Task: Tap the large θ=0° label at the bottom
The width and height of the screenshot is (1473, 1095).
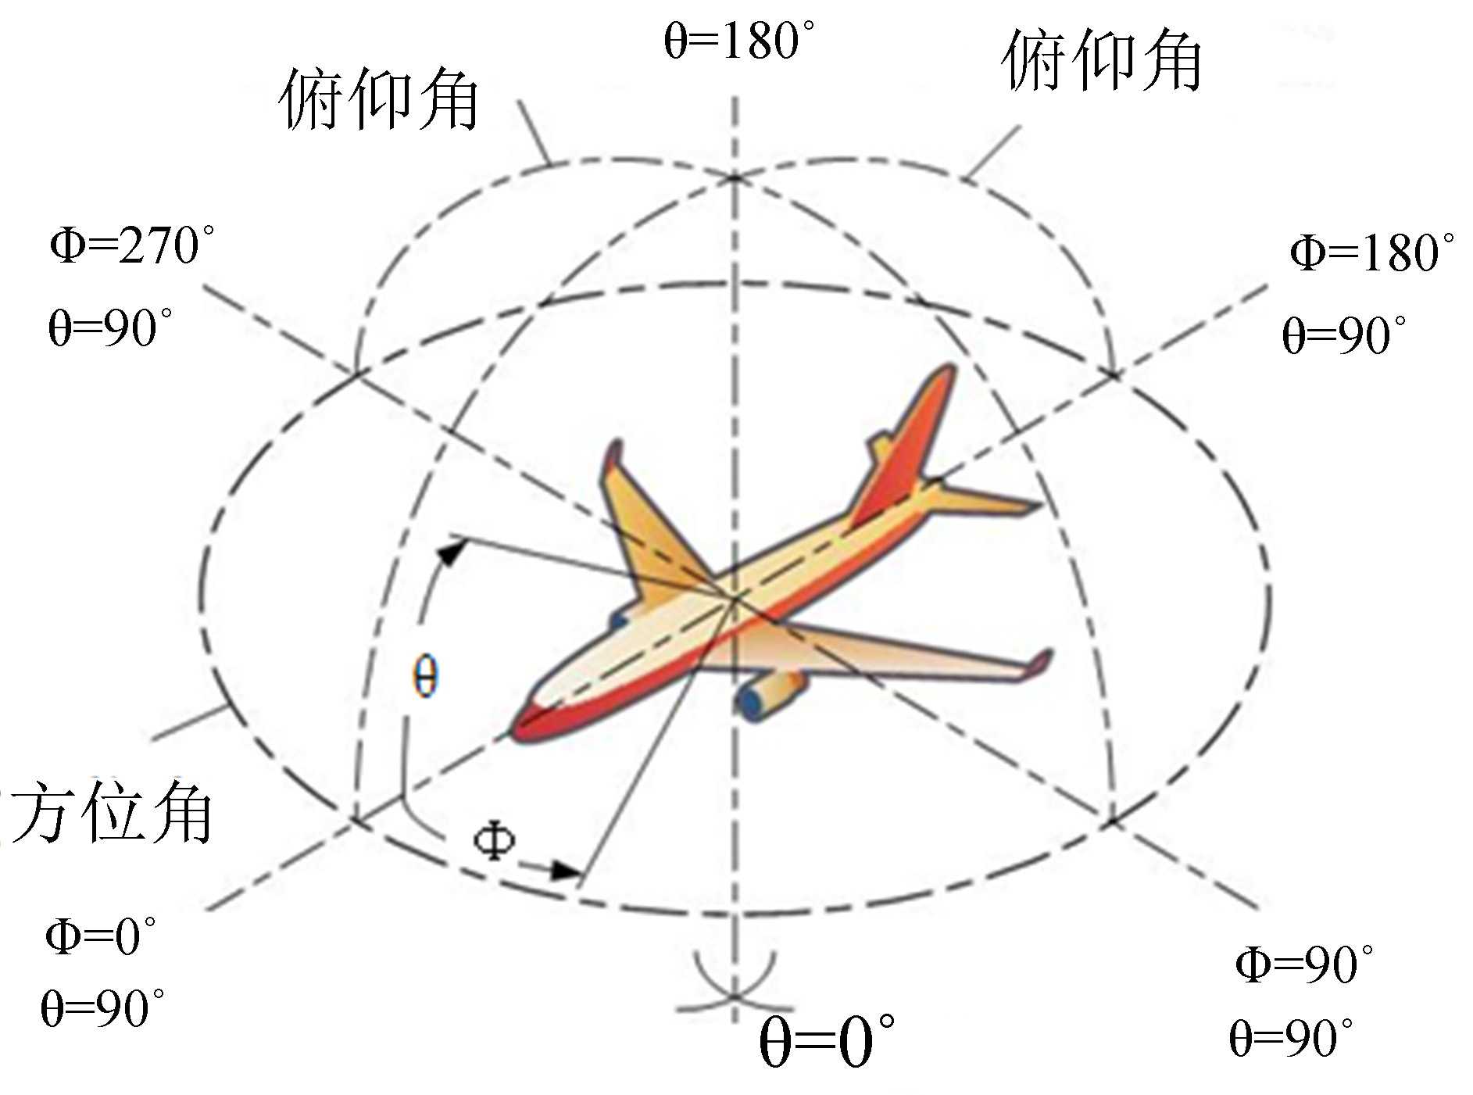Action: click(826, 1043)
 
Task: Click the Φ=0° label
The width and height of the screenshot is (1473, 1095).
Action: click(100, 936)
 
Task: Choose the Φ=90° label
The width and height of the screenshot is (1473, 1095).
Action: click(1303, 965)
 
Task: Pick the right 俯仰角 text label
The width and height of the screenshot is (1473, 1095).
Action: click(1101, 61)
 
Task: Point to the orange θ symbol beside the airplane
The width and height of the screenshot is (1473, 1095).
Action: click(425, 677)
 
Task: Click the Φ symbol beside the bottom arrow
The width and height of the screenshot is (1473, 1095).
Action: click(494, 841)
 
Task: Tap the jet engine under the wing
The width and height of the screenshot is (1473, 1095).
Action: click(770, 694)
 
